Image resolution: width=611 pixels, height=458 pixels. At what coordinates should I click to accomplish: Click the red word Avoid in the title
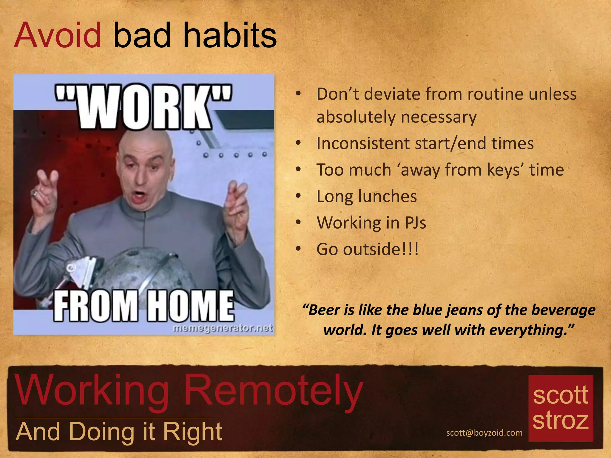point(58,36)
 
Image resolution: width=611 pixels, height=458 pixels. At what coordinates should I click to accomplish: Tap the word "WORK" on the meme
point(144,107)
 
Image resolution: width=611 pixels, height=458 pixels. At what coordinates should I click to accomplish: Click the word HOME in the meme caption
point(191,306)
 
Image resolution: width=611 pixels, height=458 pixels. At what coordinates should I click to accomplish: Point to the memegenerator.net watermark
point(223,328)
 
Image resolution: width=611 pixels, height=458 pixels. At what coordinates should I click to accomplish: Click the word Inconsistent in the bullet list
point(362,143)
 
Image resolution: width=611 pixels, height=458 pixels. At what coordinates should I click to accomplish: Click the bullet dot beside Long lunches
point(298,196)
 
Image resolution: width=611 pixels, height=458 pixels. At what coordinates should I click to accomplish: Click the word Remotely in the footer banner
point(273,391)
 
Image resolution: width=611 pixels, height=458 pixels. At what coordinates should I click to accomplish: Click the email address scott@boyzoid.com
point(484,433)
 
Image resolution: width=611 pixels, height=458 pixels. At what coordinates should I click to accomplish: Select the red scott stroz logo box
point(560,408)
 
